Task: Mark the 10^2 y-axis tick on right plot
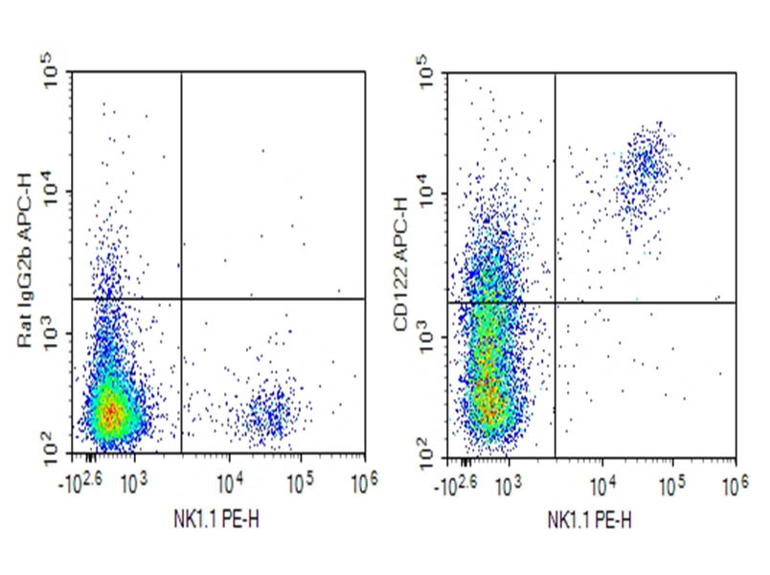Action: pyautogui.click(x=429, y=441)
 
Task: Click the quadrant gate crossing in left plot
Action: pyautogui.click(x=181, y=299)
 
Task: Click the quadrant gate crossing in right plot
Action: pyautogui.click(x=555, y=303)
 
